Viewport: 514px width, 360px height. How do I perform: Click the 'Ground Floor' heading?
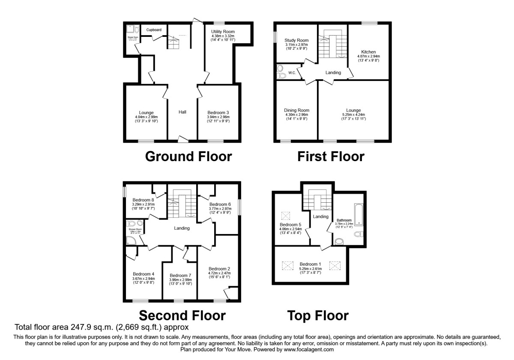pos(188,156)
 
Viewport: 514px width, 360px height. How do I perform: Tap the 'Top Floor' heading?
pos(317,316)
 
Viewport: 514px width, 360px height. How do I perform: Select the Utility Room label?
pos(223,32)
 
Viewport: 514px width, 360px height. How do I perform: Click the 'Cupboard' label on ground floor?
pos(154,30)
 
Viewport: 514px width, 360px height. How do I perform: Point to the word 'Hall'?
pos(182,112)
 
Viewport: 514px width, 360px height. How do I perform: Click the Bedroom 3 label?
pos(218,112)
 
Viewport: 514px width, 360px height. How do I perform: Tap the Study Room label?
pos(297,40)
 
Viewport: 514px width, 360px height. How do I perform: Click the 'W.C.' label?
pos(292,73)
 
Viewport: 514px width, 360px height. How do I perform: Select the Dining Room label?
pos(297,110)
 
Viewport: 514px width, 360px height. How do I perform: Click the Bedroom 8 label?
pos(143,200)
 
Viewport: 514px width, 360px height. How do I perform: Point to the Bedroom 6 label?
pos(220,204)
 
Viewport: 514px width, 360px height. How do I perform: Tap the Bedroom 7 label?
pos(180,275)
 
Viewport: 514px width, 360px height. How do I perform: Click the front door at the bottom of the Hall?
pos(183,138)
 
